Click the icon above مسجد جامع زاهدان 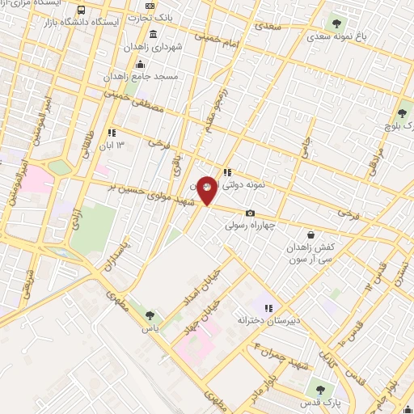pos(141,64)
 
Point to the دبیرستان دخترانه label pos(269,320)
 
